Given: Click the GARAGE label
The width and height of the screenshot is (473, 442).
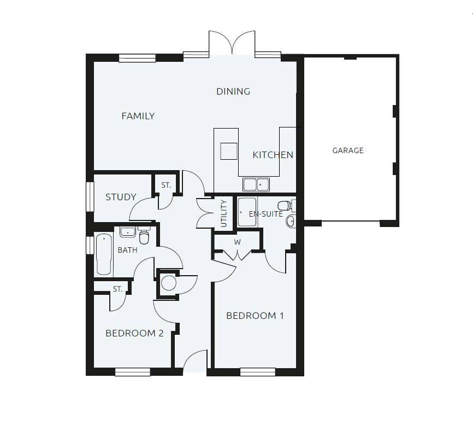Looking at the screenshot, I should click(x=348, y=150).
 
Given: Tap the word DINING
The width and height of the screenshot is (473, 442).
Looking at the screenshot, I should click(x=233, y=91).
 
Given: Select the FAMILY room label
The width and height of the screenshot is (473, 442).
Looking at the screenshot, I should click(x=138, y=116).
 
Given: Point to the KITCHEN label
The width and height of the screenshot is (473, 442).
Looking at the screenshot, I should click(x=273, y=155).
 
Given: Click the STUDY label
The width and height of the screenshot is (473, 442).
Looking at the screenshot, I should click(x=121, y=197).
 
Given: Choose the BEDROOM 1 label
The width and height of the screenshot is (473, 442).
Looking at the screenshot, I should click(x=255, y=316).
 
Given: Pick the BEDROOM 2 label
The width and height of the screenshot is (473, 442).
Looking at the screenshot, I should click(x=134, y=333).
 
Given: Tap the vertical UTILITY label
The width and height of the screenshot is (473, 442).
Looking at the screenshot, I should click(x=223, y=214).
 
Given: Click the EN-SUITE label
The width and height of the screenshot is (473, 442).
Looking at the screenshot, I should click(x=266, y=214).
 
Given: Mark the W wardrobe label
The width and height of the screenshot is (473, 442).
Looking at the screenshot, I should click(x=238, y=241).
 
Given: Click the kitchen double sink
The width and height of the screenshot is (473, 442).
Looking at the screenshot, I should click(x=256, y=184).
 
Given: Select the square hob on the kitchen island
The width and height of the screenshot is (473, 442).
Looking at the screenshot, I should click(x=229, y=151).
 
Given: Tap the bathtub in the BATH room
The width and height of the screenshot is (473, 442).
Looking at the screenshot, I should click(x=104, y=254).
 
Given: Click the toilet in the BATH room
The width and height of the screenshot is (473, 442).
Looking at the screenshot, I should click(x=144, y=236).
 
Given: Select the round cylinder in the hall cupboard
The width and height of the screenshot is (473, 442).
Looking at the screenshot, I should click(x=168, y=283).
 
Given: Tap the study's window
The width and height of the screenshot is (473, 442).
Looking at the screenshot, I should click(x=90, y=196).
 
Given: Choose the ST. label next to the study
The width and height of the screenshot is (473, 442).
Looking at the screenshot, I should click(x=166, y=185).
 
